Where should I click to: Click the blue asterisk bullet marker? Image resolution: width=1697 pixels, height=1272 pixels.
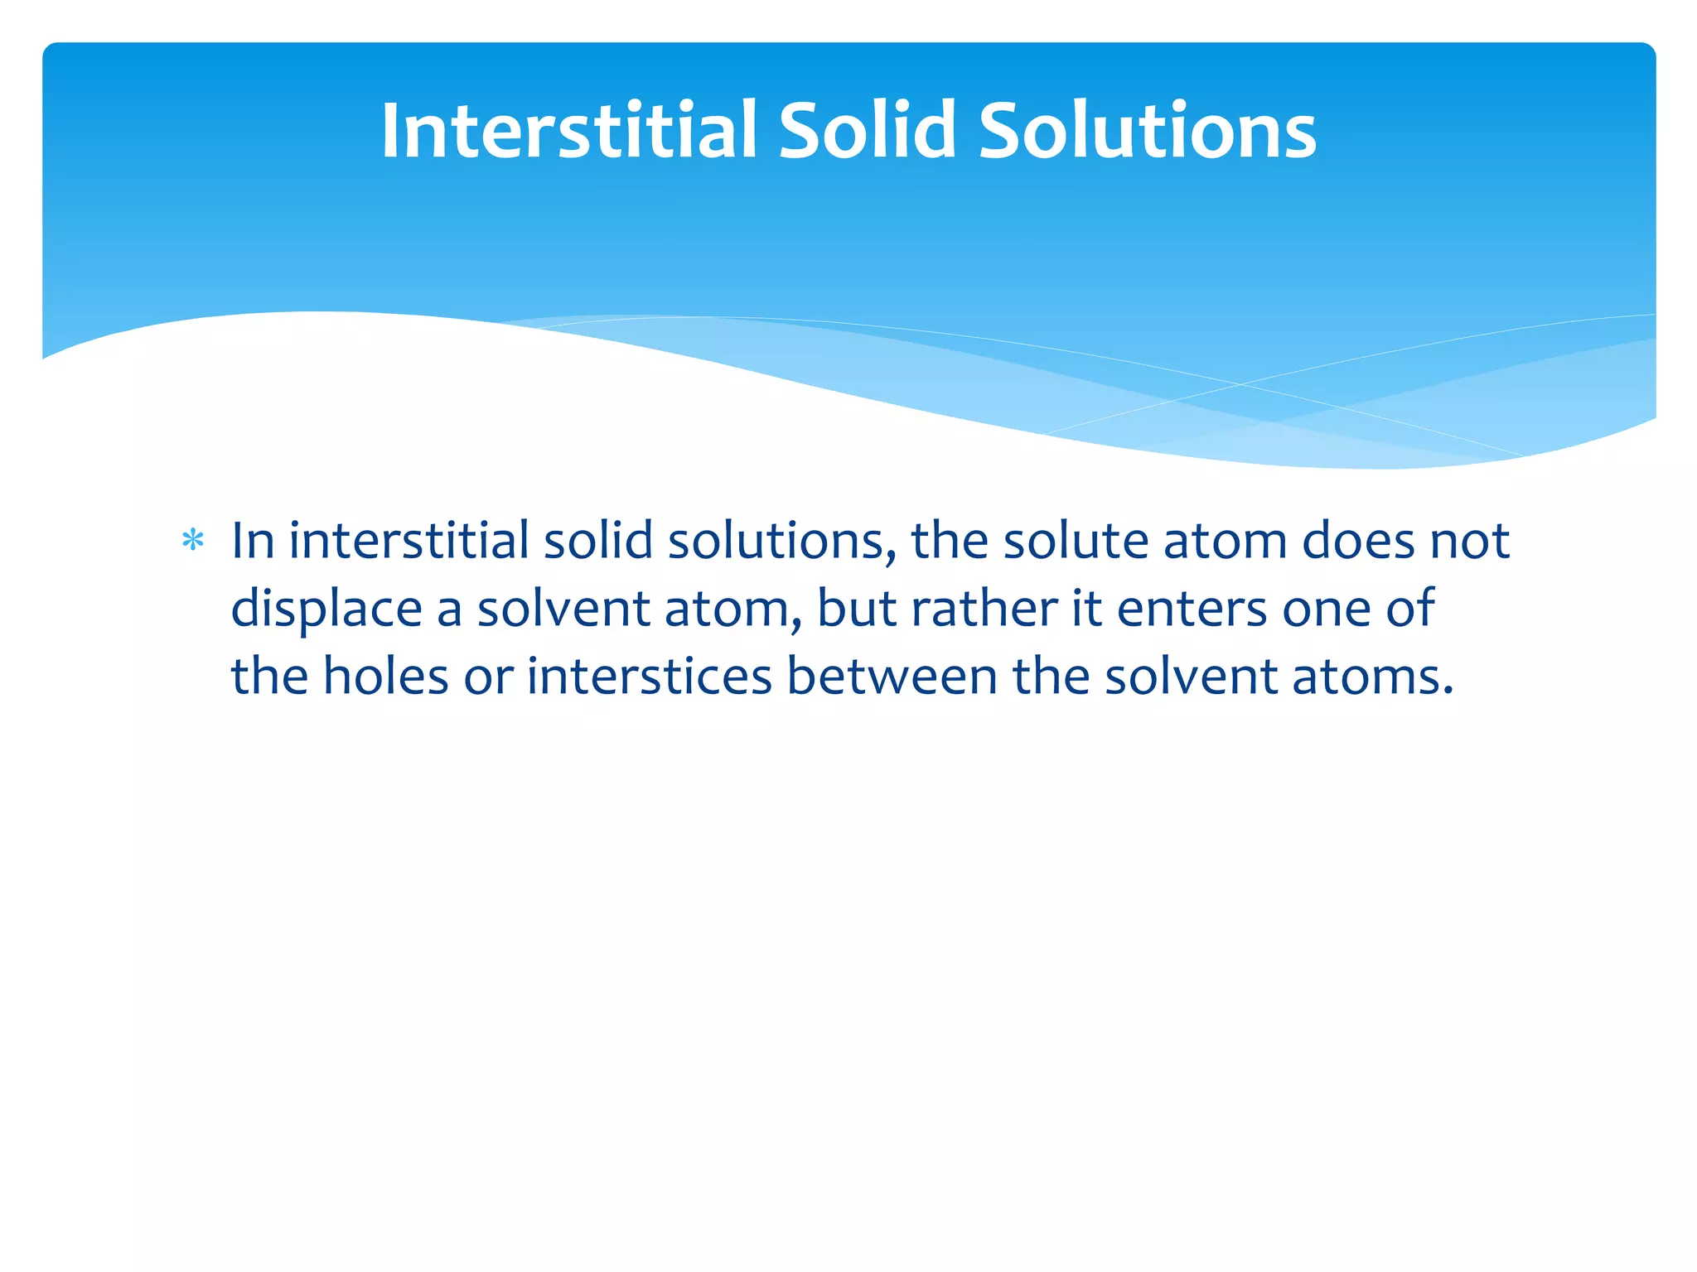(x=193, y=542)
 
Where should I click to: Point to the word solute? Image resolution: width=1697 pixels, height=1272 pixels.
(x=1076, y=541)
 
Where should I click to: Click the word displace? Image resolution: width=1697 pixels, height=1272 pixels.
(x=326, y=609)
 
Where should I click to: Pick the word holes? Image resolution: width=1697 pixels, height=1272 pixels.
(x=385, y=676)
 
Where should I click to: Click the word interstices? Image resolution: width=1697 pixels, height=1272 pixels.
(x=649, y=676)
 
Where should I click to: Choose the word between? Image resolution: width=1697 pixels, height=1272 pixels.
(x=892, y=676)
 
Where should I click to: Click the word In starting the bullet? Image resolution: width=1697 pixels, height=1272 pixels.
(x=252, y=541)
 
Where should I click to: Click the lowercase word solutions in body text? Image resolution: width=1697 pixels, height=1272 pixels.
(x=781, y=541)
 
